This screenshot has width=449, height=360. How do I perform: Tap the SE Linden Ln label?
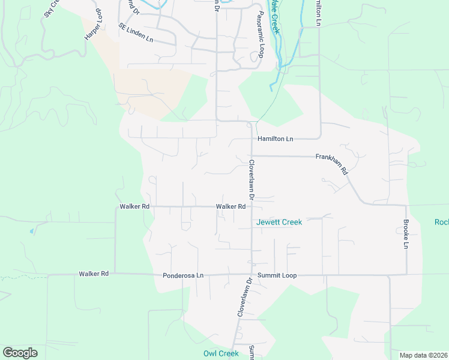tap(136, 34)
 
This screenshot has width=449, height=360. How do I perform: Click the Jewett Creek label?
tap(279, 222)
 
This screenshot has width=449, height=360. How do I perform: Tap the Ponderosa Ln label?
tap(183, 275)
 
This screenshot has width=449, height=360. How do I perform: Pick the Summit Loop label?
tap(277, 275)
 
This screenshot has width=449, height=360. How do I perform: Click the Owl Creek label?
tap(221, 353)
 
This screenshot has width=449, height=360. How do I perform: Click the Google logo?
tap(20, 353)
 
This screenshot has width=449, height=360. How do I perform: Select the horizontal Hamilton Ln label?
tap(275, 139)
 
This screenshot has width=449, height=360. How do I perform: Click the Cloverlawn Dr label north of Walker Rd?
tap(252, 179)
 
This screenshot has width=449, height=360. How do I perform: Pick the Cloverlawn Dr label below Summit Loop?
tap(243, 297)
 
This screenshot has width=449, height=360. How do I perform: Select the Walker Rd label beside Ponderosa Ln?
tap(93, 274)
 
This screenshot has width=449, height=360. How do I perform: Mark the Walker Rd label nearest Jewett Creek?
tap(231, 206)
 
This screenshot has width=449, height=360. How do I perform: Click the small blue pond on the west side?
tap(31, 230)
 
